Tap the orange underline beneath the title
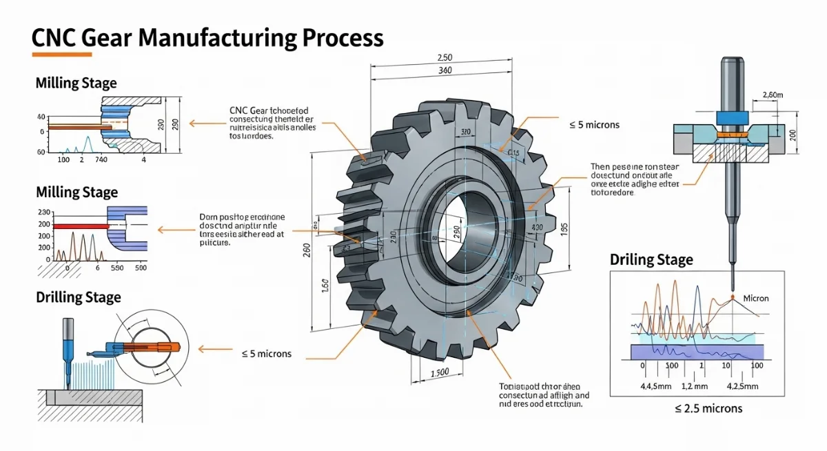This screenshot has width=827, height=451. (x=62, y=54)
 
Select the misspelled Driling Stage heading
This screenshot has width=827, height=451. (x=651, y=260)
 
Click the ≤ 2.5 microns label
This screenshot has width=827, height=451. (x=708, y=408)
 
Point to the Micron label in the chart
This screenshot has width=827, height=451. (x=756, y=298)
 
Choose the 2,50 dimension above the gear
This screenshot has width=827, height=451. (x=445, y=58)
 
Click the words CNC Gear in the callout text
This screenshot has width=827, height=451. (x=249, y=110)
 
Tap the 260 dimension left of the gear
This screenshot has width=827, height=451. (x=307, y=250)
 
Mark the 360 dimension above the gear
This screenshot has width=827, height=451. (x=445, y=71)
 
